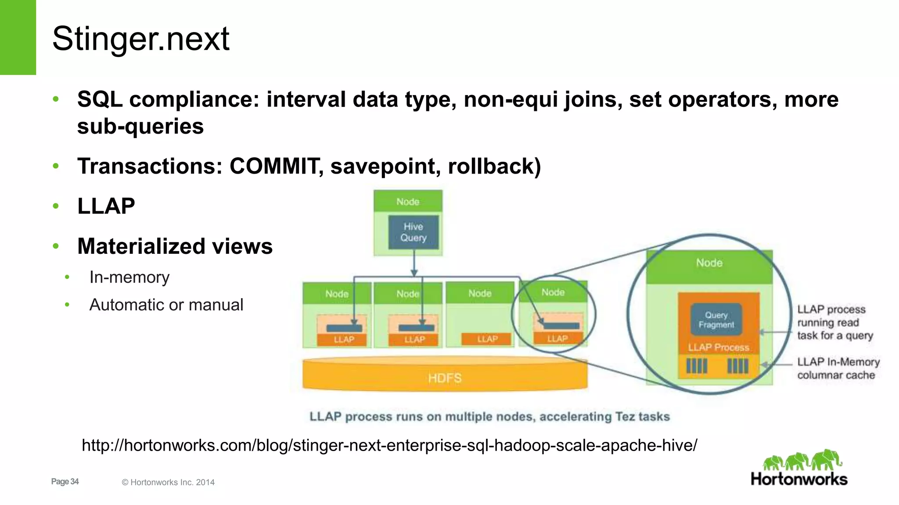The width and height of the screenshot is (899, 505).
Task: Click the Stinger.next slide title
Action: tap(140, 39)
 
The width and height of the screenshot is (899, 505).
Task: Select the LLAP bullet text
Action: tap(106, 206)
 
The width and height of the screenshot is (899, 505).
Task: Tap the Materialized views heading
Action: tap(175, 246)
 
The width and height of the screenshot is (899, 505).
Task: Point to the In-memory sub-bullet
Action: tap(129, 277)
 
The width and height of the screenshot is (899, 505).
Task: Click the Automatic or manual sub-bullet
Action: tap(166, 305)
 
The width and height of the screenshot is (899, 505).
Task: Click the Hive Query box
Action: tap(413, 232)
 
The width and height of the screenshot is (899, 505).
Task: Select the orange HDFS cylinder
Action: tap(445, 377)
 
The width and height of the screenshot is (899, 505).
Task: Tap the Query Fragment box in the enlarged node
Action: tap(716, 320)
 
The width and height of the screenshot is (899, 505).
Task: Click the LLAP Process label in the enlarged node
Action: tap(718, 347)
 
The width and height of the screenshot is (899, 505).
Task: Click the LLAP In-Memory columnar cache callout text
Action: tap(838, 368)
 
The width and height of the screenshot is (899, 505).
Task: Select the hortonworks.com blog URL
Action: tap(389, 445)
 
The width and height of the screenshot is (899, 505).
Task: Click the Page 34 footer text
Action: tap(65, 482)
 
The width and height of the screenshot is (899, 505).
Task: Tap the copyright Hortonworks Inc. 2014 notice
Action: tap(168, 482)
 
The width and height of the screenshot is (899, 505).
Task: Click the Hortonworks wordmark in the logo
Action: tap(799, 479)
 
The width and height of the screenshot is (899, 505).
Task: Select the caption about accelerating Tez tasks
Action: tap(489, 416)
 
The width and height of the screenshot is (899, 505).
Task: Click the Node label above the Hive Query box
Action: tap(408, 202)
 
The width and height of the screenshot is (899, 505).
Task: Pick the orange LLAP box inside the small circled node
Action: tap(557, 338)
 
